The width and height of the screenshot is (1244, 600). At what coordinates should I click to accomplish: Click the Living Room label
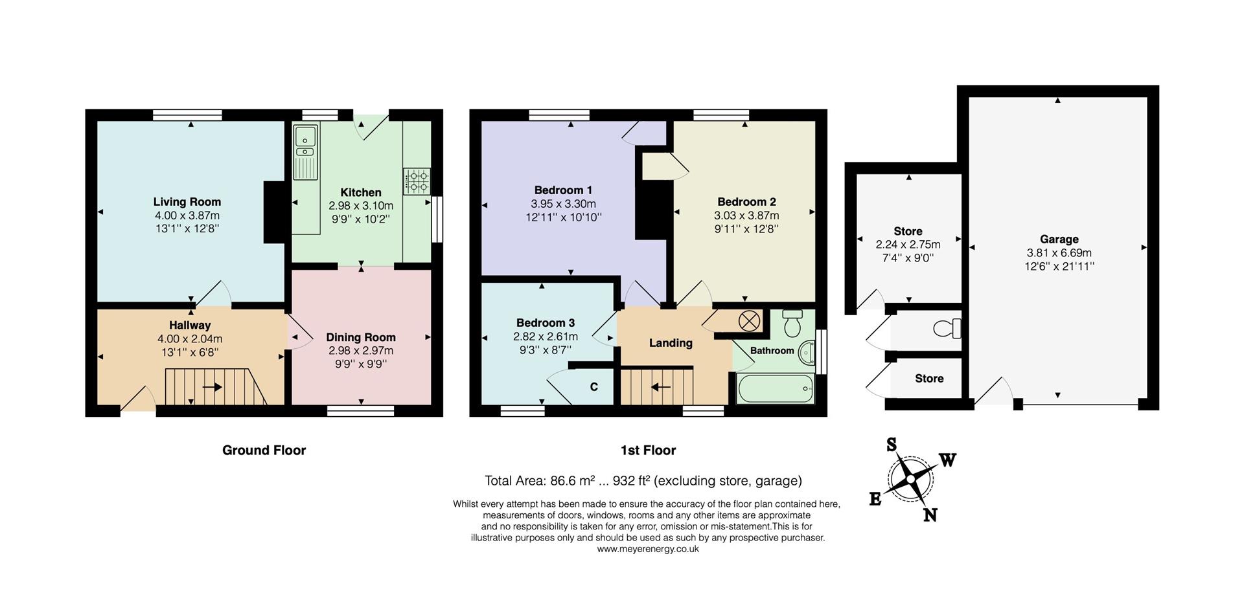[187, 202]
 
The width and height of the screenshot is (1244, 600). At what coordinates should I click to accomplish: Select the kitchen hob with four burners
[417, 181]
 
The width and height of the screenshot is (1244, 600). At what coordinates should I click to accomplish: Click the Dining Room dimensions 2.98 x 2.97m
[361, 351]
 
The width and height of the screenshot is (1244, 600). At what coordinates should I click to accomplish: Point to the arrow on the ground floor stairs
[213, 387]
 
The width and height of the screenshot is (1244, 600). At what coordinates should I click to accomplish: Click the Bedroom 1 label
[563, 190]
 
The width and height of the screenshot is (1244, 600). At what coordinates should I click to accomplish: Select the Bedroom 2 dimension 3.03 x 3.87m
[746, 216]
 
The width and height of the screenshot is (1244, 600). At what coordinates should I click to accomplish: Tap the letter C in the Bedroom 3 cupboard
[593, 387]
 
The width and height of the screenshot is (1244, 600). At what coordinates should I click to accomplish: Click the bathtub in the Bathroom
[775, 388]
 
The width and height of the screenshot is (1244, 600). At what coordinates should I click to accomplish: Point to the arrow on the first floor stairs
[661, 387]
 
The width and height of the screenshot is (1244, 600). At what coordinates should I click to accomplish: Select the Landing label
[671, 343]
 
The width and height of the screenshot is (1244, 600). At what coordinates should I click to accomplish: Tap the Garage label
[1059, 239]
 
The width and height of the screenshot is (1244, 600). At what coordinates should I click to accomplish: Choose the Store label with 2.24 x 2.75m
[908, 232]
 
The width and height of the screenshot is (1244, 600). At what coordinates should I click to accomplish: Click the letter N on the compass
[930, 515]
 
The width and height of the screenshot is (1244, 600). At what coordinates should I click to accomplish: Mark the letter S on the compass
[892, 445]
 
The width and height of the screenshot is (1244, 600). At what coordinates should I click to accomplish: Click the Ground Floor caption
[264, 450]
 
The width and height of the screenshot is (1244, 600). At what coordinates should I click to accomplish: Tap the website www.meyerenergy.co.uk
[648, 549]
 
